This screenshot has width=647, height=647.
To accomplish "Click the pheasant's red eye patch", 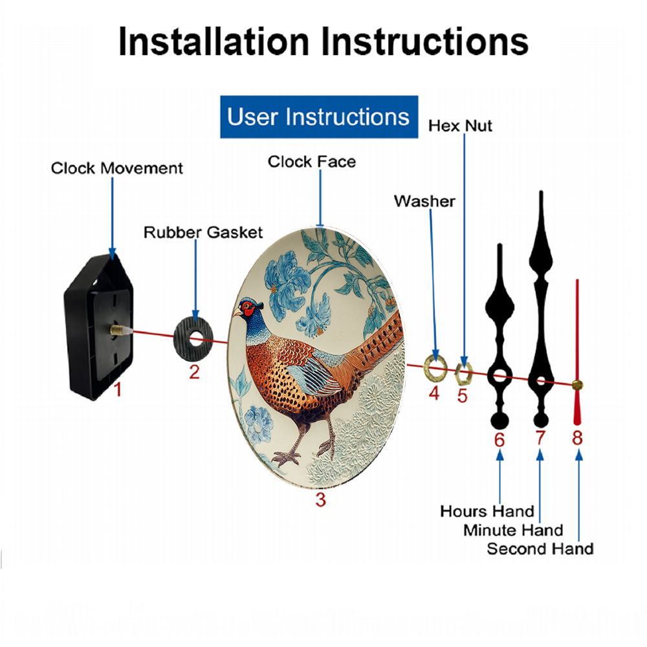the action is coord(248,307).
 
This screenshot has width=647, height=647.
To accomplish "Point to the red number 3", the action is coord(321,499).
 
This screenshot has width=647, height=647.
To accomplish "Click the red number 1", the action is coord(118,389).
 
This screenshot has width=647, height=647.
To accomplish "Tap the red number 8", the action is coord(577,437).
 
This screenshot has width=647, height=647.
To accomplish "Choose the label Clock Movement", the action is coord(116,168).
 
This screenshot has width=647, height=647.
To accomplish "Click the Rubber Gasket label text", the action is coord(203,232).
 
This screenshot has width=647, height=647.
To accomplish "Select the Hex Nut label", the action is coord(460,126).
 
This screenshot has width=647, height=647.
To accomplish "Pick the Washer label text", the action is coord(424,201).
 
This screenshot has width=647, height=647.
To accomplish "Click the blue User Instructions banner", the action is coord(319,116).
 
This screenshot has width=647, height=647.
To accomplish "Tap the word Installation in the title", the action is coord(214,41).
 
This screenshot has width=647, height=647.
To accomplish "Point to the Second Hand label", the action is coord(540,549).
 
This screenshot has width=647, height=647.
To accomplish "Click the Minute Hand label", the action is coord(513,531).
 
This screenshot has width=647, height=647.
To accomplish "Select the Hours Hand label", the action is coord(487,511).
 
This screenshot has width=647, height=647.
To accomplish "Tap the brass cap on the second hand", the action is coord(577,385).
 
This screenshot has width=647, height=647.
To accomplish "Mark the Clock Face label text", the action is coord(312,162).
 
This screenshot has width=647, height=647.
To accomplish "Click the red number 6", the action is coord(499,440).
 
